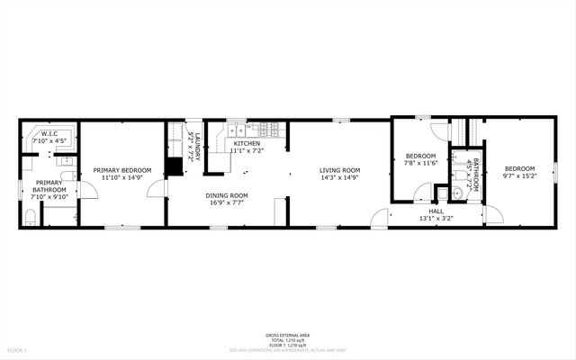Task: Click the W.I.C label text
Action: pos(49,134)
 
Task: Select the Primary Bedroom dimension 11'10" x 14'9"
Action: pos(123,177)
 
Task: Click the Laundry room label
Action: pos(195,144)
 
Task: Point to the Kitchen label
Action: pos(247,144)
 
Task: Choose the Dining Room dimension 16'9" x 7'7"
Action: pos(227,203)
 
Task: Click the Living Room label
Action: pos(339,170)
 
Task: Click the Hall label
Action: pos(436,211)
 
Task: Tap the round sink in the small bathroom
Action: pos(456,192)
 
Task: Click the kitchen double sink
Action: pos(236,131)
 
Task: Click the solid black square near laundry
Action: pos(174,167)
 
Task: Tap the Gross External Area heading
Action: pos(288,332)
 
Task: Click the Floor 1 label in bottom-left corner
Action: pos(18,349)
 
